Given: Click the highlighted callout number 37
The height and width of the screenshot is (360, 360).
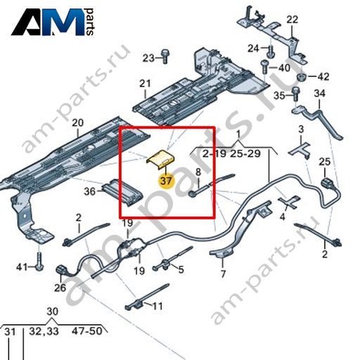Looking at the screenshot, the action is point(166,181).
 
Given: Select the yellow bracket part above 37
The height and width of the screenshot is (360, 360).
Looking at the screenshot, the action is point(160,159).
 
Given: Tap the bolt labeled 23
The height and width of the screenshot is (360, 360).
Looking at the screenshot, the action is point(165,56).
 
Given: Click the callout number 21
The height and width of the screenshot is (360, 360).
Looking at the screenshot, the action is point(145,84).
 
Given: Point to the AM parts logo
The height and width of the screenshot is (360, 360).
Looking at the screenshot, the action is point(53,22).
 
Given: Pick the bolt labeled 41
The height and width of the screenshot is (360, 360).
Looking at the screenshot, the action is point(39,261).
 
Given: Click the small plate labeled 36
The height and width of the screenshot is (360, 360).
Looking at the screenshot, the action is point(122,192).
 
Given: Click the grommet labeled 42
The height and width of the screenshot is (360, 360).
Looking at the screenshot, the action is point(302,77).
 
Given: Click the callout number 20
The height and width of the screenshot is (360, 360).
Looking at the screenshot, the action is point(77,123).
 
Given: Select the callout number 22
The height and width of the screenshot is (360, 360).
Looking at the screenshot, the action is point(292,20).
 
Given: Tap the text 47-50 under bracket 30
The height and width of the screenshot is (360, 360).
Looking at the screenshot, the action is point(87,331).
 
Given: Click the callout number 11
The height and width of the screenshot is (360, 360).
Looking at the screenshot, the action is point(157,306).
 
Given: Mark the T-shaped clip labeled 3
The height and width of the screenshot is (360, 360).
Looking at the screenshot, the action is point(300,150).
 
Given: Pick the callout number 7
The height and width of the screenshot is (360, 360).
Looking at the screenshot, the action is point(223,274).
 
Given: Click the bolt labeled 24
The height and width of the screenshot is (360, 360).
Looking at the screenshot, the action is point(271,51).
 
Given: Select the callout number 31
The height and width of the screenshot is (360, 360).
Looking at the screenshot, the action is point(11,332).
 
